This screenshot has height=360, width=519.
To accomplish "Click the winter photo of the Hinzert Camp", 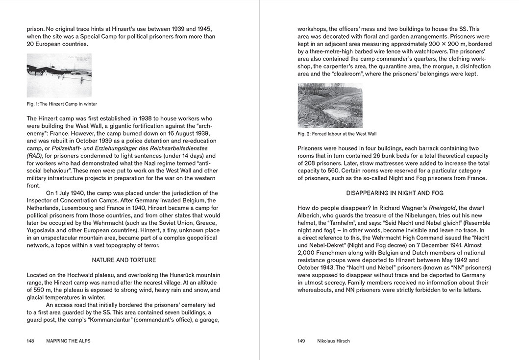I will (59, 75).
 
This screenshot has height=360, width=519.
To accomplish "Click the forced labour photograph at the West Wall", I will (330, 105).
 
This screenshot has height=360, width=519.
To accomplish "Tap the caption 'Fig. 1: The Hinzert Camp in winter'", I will (62, 104).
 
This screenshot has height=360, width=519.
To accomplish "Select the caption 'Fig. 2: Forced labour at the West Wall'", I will (337, 134).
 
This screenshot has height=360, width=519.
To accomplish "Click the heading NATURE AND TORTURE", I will (124, 260).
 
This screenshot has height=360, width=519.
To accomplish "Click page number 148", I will (30, 341).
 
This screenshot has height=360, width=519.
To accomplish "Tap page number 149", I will (301, 341).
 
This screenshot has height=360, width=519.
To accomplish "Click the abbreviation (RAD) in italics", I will (35, 156).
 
